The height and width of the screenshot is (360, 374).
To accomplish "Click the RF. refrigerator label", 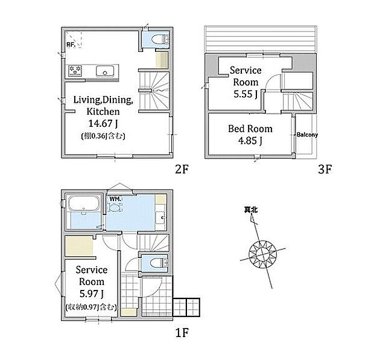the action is click(71, 45).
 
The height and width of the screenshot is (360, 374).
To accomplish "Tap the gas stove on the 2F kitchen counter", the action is click(75, 71).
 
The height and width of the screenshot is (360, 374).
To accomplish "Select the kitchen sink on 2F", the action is click(105, 71).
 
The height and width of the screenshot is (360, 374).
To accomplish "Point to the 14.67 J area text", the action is click(103, 123).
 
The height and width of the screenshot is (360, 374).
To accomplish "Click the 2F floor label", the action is click(182, 169).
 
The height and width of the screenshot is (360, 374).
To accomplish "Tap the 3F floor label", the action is click(325, 169).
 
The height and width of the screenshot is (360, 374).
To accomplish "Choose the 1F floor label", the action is click(182, 332).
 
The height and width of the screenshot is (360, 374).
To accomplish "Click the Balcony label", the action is click(307, 135).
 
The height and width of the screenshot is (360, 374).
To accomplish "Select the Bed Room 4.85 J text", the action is click(250, 135).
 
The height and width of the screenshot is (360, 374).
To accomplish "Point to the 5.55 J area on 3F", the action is click(246, 94).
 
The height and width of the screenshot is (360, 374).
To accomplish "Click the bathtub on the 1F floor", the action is click(84, 204).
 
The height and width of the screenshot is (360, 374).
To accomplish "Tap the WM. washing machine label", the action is click(115, 199).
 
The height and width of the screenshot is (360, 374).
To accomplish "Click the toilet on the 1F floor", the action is click(159, 263).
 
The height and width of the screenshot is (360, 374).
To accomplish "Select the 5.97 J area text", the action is click(92, 294).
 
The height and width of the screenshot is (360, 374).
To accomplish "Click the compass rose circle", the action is click(262, 254).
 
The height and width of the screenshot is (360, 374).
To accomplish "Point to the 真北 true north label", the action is click(251, 210).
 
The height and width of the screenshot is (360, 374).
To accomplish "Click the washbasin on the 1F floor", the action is click(161, 217).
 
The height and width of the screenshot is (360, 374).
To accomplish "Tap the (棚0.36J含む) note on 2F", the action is click(103, 136).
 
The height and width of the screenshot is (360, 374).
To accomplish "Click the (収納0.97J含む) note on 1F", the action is click(91, 307).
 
